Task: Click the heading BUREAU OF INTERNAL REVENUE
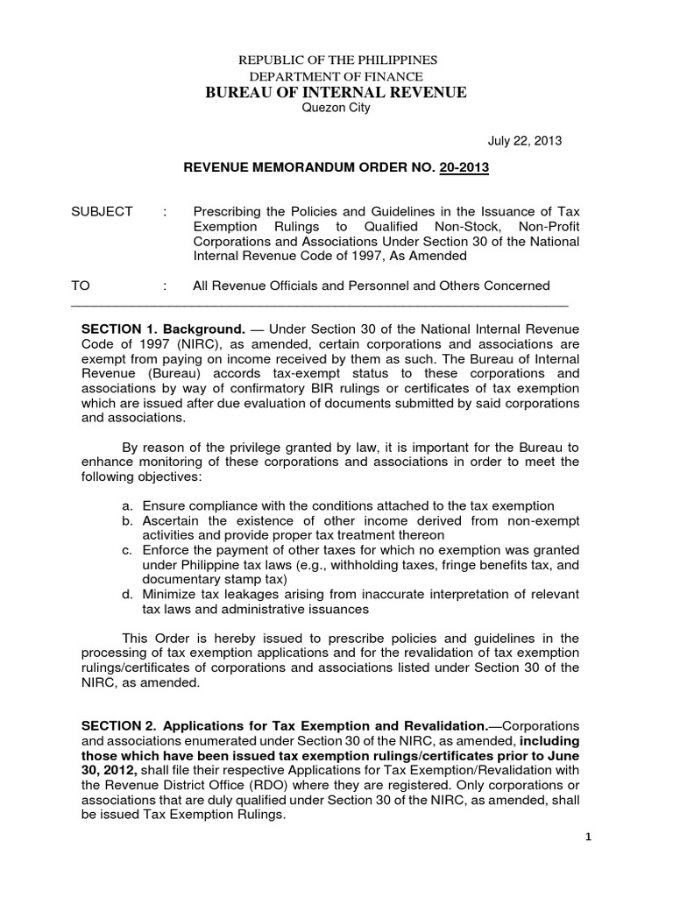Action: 336,92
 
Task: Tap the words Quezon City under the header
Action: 336,108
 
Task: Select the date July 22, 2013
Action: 524,140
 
